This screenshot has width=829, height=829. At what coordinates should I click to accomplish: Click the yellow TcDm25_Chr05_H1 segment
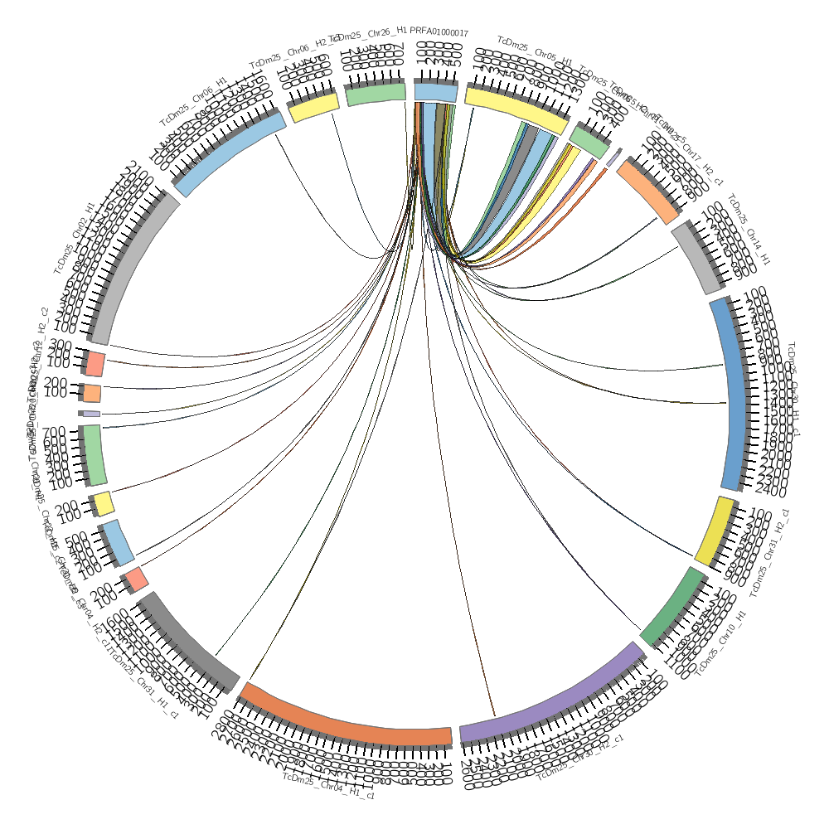tap(514, 108)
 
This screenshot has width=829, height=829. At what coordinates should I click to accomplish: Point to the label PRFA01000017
tap(439, 32)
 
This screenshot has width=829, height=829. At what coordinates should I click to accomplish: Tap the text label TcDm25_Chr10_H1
tap(721, 643)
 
